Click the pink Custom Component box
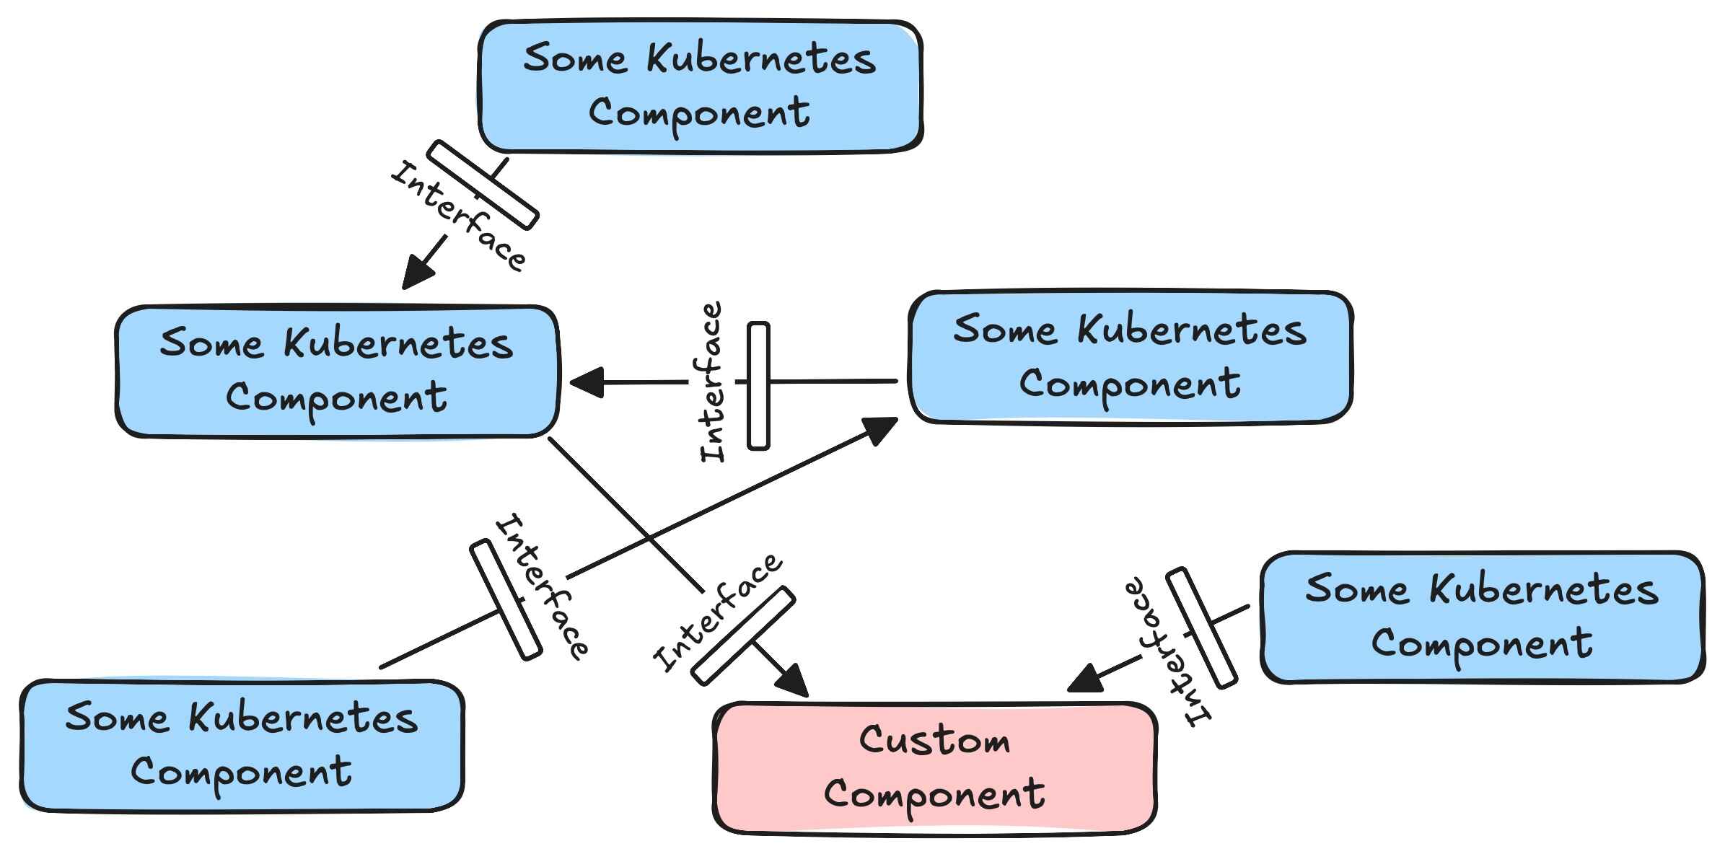click(x=935, y=768)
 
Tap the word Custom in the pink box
click(x=934, y=741)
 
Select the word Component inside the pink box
click(x=934, y=793)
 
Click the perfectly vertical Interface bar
click(x=758, y=386)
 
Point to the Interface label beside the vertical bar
click(x=712, y=382)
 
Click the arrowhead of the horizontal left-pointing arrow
click(x=586, y=382)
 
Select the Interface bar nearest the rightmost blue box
click(x=1201, y=628)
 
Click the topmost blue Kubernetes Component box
click(x=701, y=87)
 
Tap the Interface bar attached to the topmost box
click(x=482, y=185)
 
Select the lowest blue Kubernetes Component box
click(x=242, y=745)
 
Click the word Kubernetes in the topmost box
click(x=760, y=59)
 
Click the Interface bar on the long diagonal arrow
click(x=505, y=600)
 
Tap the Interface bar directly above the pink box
click(x=742, y=635)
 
